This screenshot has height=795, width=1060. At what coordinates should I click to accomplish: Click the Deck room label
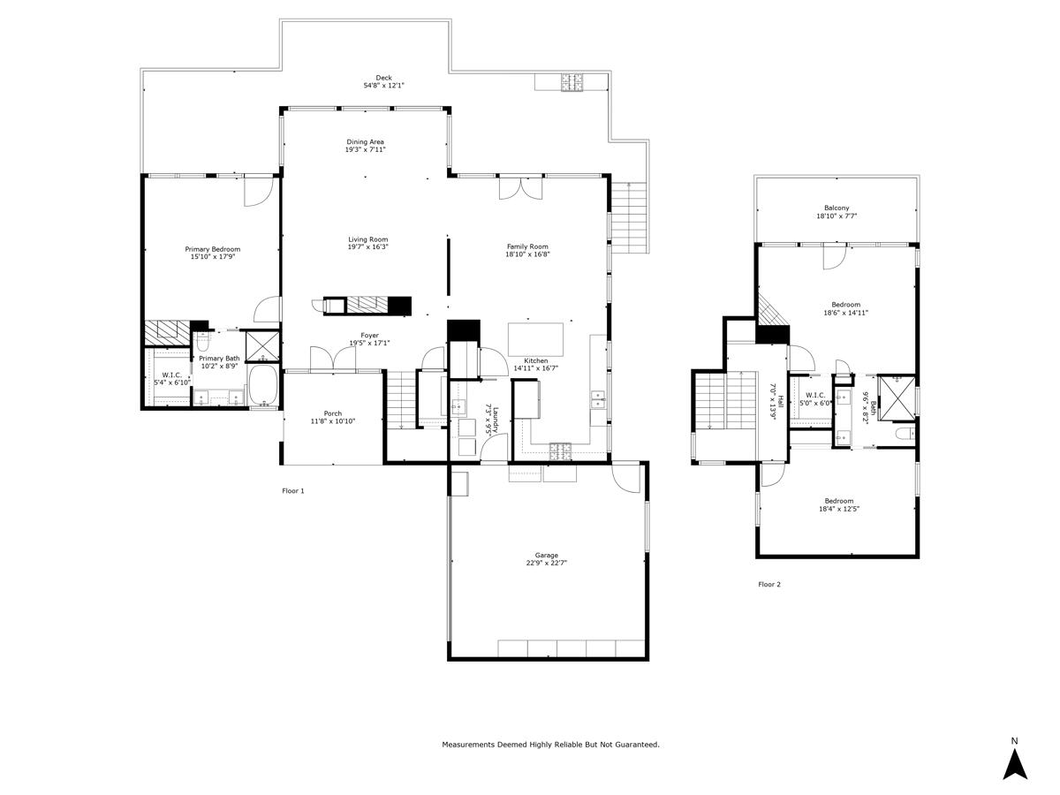pos(383,78)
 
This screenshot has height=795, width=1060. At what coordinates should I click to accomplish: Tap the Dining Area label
pos(365,141)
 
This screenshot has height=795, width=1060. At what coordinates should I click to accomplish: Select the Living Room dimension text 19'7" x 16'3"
pos(367,247)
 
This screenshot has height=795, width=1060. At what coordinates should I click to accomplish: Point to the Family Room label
pos(527,246)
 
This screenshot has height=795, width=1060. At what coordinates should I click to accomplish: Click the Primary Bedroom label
pos(212,249)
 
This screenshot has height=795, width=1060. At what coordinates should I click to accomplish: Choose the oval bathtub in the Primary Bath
pos(263,386)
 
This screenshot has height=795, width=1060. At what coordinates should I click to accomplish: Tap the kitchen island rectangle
pos(535,338)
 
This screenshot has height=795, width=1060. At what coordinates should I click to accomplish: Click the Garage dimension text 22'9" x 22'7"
pos(545,563)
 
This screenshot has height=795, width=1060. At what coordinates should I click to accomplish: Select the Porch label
pos(332,413)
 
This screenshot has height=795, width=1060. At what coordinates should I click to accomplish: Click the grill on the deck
pos(572,82)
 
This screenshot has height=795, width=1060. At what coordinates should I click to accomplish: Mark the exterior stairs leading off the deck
pos(629,216)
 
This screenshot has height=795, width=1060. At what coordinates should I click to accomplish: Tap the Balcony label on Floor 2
pos(837,208)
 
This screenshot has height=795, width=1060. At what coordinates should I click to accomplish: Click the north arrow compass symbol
pos(1015,762)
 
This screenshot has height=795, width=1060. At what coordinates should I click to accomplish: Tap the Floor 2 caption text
pos(769,584)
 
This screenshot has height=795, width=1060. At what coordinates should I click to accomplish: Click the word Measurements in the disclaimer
pos(467,745)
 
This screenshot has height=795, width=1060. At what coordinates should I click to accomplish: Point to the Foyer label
pos(368,336)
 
